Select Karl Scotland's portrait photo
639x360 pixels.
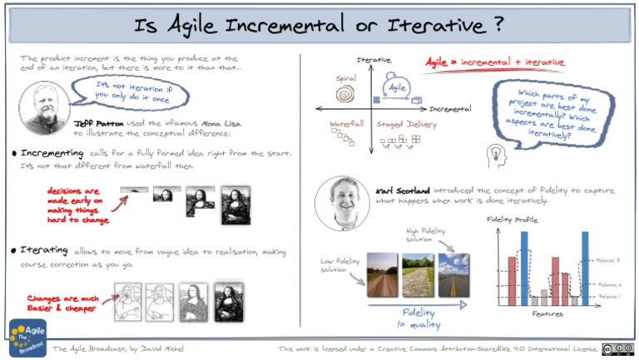pos(343,201)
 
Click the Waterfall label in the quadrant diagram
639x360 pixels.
pos(346,124)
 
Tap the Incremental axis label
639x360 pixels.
pos(449,109)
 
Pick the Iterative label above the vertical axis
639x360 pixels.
pos(374,60)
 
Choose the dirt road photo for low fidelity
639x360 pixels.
pos(382,271)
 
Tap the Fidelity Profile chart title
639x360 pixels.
pos(512,219)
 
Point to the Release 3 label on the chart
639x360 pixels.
pos(609,260)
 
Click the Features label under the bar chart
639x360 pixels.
pos(547,314)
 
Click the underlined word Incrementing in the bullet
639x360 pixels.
pos(52,153)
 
